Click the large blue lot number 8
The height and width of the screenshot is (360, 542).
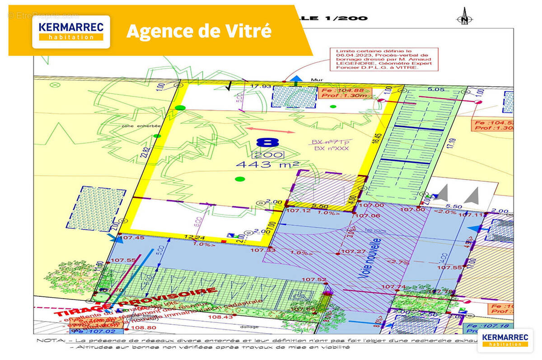coord(267,143)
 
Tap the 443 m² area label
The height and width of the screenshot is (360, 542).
coord(261,165)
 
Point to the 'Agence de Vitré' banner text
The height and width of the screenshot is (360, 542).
coord(199,31)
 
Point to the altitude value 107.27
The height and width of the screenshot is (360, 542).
coord(353,251)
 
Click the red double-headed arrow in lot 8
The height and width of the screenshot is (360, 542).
coord(271,131)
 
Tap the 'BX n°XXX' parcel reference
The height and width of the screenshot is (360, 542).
coord(332,148)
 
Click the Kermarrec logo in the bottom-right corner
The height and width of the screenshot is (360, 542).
coord(505,340)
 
